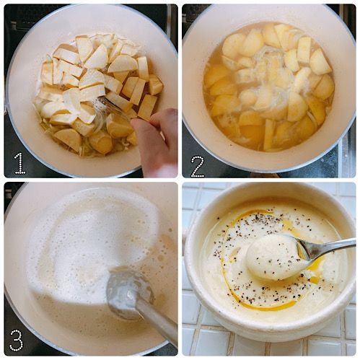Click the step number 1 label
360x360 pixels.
[20, 163]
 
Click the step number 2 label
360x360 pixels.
[198, 167]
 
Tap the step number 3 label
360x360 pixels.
[17, 340]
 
